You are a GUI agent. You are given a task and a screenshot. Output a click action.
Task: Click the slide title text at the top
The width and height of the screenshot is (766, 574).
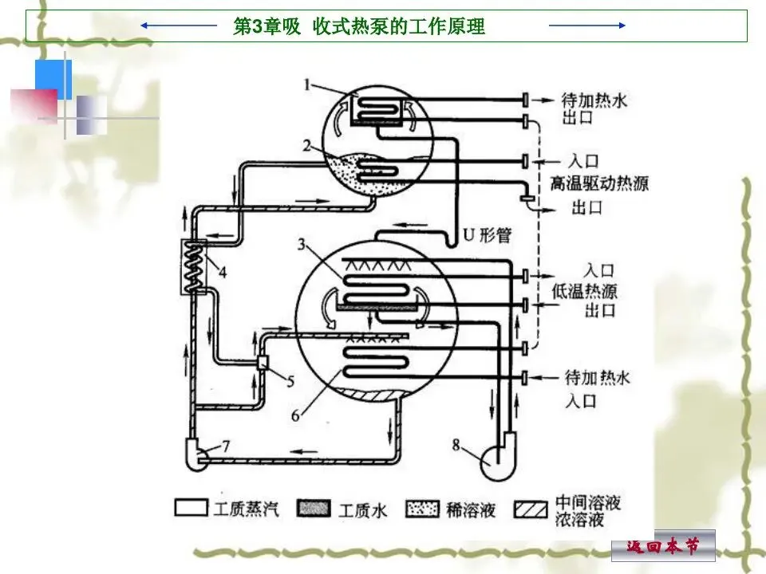(358, 26)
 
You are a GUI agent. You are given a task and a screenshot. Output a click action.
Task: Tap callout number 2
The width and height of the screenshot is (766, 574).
(307, 145)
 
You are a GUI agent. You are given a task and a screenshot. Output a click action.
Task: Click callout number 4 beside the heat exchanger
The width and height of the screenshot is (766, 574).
(222, 272)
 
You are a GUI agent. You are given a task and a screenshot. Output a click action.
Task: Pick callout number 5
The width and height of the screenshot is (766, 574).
(290, 380)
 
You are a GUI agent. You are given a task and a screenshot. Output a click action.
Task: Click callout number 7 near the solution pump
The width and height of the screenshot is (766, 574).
(225, 446)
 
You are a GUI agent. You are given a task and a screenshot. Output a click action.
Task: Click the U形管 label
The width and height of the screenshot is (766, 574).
(488, 234)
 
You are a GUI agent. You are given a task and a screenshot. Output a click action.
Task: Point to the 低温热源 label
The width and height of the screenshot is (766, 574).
(585, 289)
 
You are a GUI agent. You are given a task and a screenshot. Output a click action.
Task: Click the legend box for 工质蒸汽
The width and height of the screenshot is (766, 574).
(190, 509)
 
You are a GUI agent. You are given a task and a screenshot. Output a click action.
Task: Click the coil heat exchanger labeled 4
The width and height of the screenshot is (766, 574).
(193, 267)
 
